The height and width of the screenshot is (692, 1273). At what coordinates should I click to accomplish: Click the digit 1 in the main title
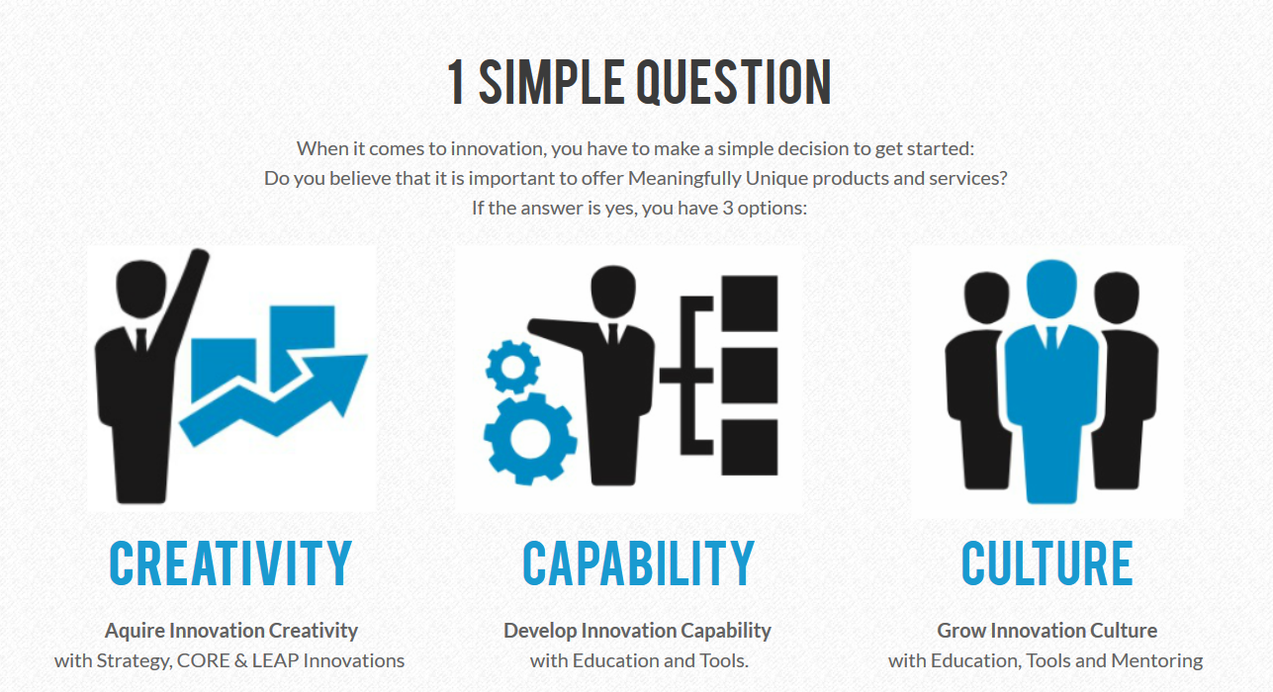pyautogui.click(x=456, y=83)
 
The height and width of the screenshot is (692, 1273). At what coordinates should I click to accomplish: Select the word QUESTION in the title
pyautogui.click(x=734, y=83)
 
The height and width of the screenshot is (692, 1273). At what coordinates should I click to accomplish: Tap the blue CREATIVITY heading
pyautogui.click(x=230, y=563)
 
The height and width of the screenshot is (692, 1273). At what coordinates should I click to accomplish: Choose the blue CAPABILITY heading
pyautogui.click(x=638, y=563)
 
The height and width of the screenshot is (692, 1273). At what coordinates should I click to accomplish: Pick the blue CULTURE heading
pyautogui.click(x=1047, y=563)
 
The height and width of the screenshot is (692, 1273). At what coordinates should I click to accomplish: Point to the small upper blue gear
pyautogui.click(x=512, y=367)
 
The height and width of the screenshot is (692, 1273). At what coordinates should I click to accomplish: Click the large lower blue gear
pyautogui.click(x=530, y=439)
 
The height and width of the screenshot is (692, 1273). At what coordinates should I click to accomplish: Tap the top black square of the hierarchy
pyautogui.click(x=750, y=303)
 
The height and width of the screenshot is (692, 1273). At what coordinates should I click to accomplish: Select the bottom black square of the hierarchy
pyautogui.click(x=750, y=447)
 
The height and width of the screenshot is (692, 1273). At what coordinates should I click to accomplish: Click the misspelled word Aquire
pyautogui.click(x=135, y=632)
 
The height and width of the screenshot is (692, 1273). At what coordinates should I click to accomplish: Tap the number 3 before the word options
pyautogui.click(x=727, y=208)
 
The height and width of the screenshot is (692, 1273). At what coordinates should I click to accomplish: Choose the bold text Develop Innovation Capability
pyautogui.click(x=637, y=631)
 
